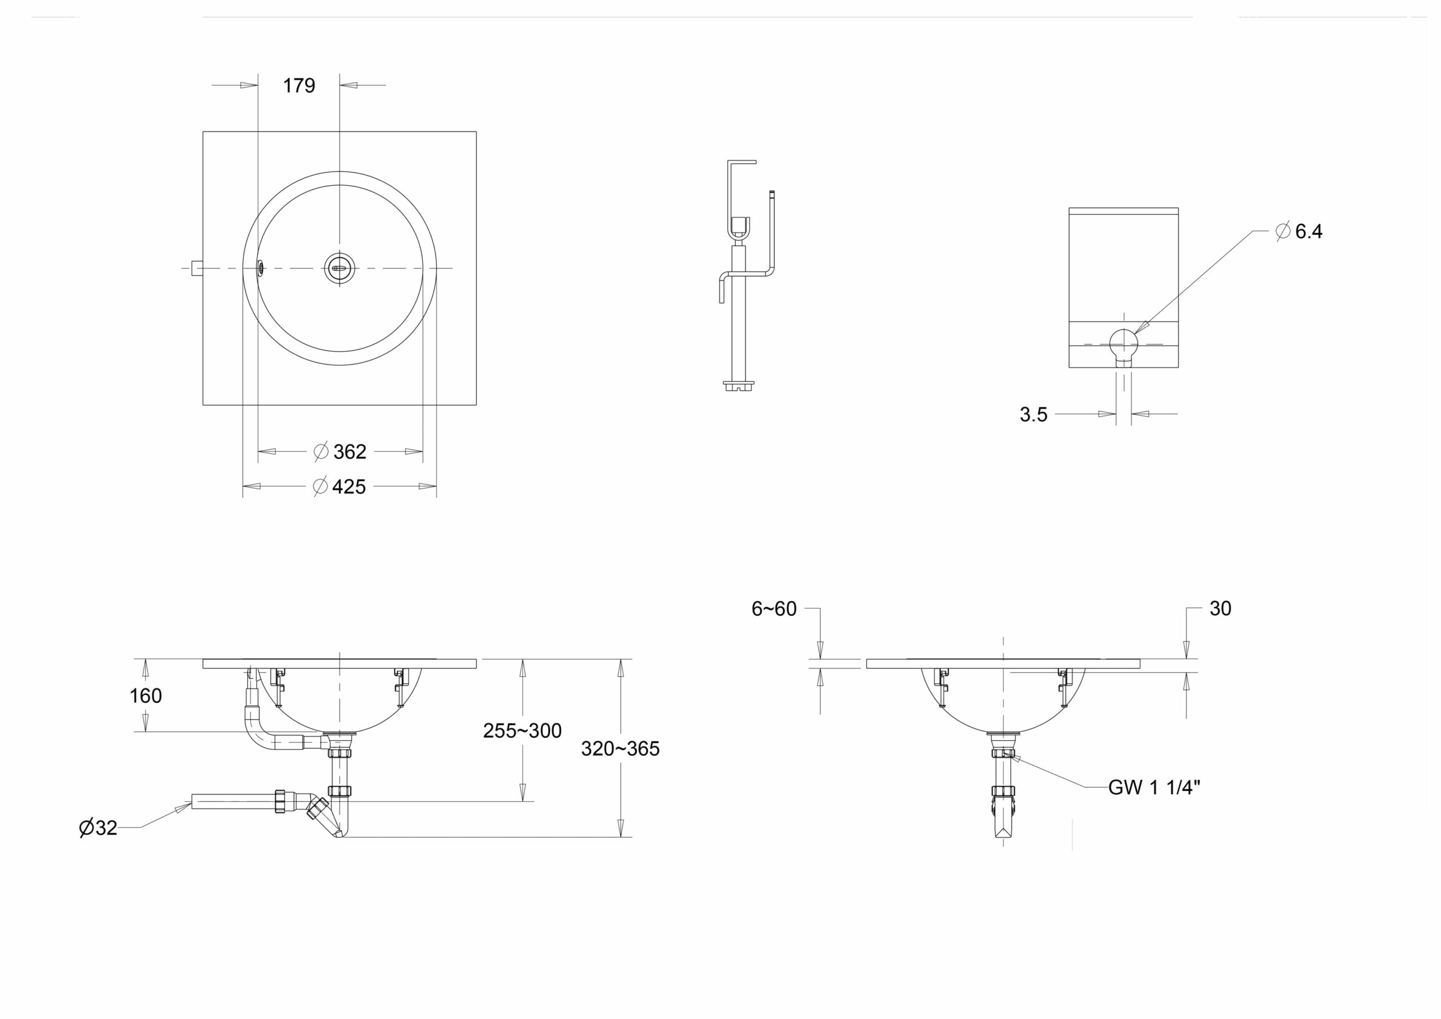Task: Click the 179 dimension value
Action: pos(299,86)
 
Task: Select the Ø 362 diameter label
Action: pos(339,452)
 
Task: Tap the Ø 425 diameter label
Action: pos(339,486)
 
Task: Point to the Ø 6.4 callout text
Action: pos(1299,231)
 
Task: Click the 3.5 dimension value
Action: pos(1033,414)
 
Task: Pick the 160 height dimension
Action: pos(146,696)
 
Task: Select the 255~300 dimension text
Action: pos(522,730)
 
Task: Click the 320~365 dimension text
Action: pos(620,748)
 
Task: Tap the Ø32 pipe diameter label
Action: pos(99,828)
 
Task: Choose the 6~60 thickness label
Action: pos(774,609)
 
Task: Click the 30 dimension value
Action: pos(1220,609)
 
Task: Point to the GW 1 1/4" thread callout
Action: pos(1154,787)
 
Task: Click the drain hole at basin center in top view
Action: pos(339,268)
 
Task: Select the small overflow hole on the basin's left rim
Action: pos(261,268)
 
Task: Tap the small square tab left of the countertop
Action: pos(197,268)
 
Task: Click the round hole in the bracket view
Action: pos(1124,343)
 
